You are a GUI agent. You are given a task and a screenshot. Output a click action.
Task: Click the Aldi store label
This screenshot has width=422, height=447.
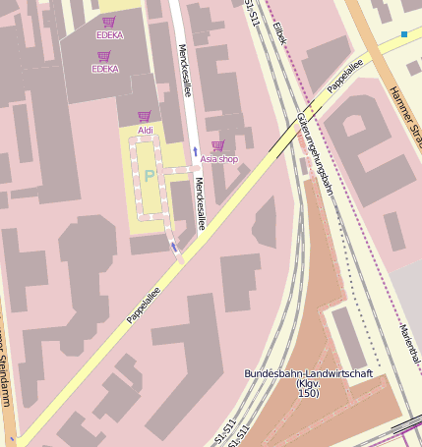coord(145,130)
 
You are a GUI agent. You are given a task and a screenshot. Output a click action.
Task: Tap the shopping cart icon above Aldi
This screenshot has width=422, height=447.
coord(145,116)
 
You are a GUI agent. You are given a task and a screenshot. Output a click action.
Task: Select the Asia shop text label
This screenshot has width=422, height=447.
coord(218,159)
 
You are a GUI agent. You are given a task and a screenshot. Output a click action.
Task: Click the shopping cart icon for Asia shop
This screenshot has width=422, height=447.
coord(217,145)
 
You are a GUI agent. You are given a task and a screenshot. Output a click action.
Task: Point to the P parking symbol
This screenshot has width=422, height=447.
coord(150,176)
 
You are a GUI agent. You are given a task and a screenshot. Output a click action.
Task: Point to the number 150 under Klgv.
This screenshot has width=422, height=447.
coord(307,394)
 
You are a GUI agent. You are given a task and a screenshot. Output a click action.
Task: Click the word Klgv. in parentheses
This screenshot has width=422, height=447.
coord(308,384)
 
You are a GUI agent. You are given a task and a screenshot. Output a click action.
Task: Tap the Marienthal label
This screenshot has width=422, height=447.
coord(410,344)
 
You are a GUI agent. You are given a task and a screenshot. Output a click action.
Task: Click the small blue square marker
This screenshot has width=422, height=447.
coord(403,35)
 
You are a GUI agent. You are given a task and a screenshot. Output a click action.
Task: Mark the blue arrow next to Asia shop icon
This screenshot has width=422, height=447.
coord(195,150)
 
